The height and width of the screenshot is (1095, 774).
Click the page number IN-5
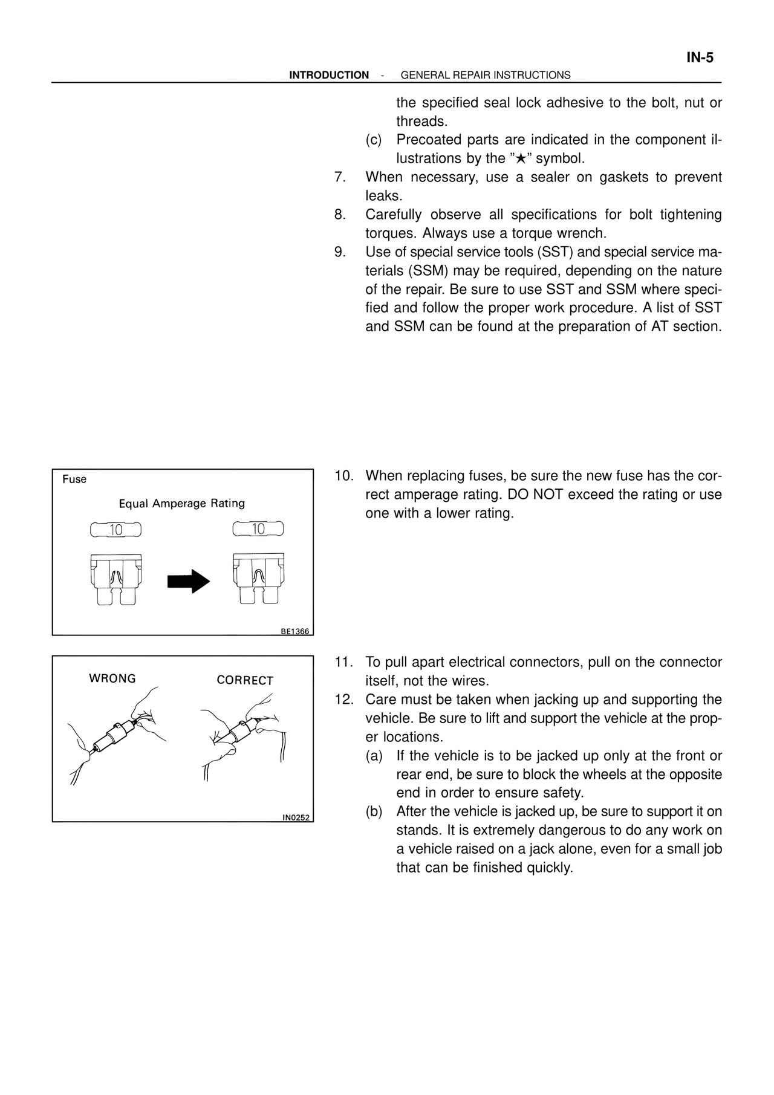pyautogui.click(x=700, y=58)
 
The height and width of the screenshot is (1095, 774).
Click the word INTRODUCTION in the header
pyautogui.click(x=329, y=76)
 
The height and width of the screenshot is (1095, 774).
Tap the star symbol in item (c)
pyautogui.click(x=521, y=159)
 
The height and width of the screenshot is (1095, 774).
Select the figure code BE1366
pyautogui.click(x=294, y=631)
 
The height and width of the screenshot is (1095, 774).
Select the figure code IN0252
pyautogui.click(x=296, y=817)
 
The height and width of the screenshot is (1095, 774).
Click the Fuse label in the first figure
pyautogui.click(x=74, y=479)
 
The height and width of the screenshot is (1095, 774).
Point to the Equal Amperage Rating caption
pyautogui.click(x=182, y=504)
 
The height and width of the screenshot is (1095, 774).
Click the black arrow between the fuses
pyautogui.click(x=188, y=580)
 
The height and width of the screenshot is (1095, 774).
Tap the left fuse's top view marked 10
pyautogui.click(x=115, y=530)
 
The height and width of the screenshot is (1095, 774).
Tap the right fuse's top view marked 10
pyautogui.click(x=258, y=529)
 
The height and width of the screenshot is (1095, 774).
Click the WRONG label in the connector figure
pyautogui.click(x=112, y=678)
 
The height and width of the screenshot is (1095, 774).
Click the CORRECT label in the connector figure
pyautogui.click(x=245, y=680)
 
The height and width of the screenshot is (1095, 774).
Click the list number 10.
pyautogui.click(x=343, y=476)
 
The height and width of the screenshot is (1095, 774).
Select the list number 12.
pyautogui.click(x=343, y=700)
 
